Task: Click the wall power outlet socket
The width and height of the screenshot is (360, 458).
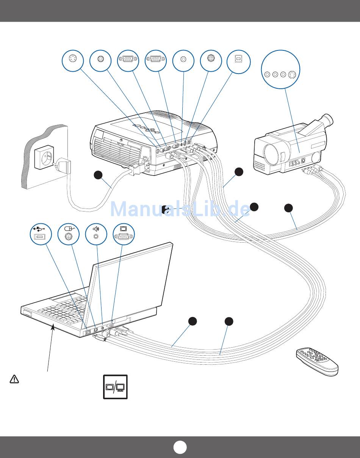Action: tap(43, 158)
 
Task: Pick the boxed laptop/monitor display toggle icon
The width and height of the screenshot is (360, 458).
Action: tap(115, 387)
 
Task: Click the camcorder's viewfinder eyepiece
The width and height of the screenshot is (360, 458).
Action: tap(328, 120)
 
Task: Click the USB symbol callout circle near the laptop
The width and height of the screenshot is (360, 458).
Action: tap(41, 234)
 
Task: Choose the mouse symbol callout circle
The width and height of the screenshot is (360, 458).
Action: tap(69, 234)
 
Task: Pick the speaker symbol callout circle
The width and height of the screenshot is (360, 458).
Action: tap(96, 234)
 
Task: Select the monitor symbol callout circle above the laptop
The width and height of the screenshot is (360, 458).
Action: tap(124, 234)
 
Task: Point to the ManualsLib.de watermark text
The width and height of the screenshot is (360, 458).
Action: tap(180, 209)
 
